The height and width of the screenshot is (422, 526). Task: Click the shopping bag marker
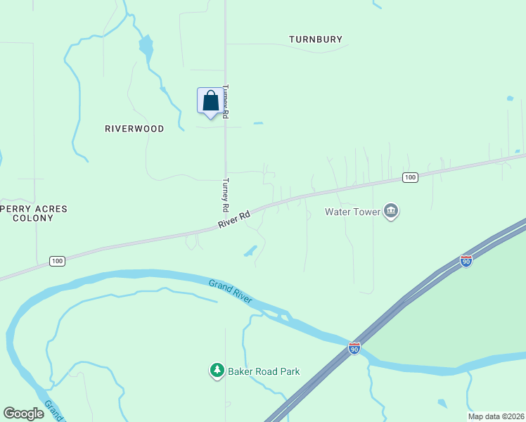pos(210,102)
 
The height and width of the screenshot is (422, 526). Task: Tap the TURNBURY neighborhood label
pos(316,39)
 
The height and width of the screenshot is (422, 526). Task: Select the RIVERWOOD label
pos(134,129)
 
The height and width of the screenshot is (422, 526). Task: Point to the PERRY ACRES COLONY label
pos(33,213)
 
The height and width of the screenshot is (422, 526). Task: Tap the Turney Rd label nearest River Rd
pos(226,194)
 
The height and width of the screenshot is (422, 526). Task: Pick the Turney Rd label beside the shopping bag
pos(226,101)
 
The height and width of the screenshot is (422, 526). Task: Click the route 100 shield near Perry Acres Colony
pos(58,261)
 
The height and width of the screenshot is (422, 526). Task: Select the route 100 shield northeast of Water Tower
pos(410,177)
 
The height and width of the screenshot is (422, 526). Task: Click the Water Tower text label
pos(352,211)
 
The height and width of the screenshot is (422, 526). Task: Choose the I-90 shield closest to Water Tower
pos(466,261)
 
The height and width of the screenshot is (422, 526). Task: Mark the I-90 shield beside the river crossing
pos(354,348)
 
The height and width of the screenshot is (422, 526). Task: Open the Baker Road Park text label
pos(264,371)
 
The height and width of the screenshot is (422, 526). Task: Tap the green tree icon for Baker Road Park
pos(217,370)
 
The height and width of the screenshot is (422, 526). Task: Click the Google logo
pos(23,414)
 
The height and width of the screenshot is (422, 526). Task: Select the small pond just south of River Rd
pos(250,251)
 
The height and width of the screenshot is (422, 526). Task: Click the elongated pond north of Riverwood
pos(146,47)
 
